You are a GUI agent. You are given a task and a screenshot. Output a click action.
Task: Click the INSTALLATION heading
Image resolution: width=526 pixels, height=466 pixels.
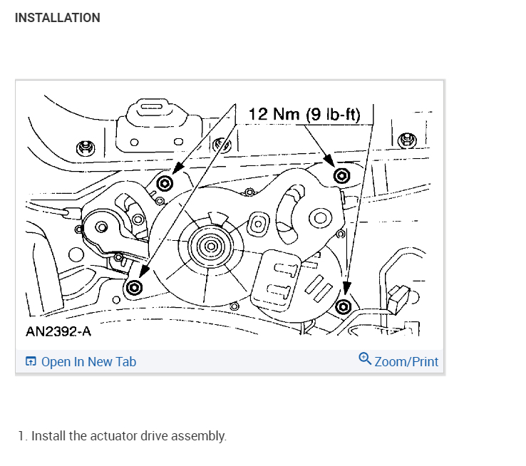point(57,18)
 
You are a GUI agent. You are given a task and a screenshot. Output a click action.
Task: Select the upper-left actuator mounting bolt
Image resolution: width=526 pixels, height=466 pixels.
point(165,184)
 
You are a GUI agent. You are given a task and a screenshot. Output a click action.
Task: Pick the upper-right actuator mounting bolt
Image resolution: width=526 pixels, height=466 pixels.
point(341,175)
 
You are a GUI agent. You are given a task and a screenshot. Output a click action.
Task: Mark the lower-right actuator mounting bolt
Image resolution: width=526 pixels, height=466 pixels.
point(344,306)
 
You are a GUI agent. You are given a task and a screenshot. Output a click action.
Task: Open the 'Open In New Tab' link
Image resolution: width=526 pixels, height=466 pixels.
point(88,362)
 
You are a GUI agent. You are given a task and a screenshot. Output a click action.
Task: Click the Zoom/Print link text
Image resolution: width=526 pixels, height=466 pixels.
point(406,362)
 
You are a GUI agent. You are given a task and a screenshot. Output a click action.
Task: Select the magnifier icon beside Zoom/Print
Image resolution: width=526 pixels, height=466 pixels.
point(365,359)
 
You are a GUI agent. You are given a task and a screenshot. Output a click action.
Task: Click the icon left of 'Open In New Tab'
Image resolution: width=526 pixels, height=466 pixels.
point(31,362)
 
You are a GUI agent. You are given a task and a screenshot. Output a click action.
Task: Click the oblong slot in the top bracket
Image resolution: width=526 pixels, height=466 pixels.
point(151,108)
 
